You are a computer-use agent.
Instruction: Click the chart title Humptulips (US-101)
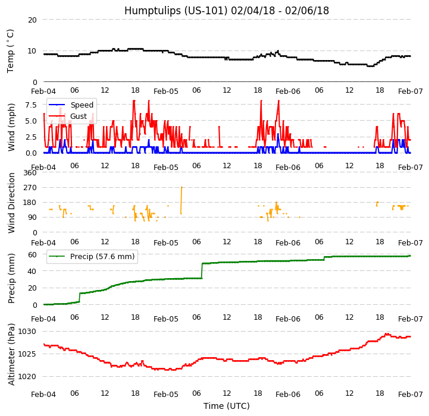pyautogui.click(x=226, y=11)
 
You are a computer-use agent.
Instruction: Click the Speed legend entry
pyautogui.click(x=82, y=105)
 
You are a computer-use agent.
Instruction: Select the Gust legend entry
pyautogui.click(x=78, y=116)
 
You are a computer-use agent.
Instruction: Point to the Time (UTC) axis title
pyautogui.click(x=226, y=406)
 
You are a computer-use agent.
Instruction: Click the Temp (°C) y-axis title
pyautogui.click(x=11, y=51)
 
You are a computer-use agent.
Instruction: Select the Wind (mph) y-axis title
pyautogui.click(x=12, y=127)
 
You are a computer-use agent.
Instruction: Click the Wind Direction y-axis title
pyautogui.click(x=12, y=202)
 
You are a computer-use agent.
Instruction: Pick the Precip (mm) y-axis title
pyautogui.click(x=12, y=278)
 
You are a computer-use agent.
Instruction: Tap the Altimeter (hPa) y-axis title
pyautogui.click(x=12, y=354)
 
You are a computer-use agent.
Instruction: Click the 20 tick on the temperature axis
pyautogui.click(x=32, y=20)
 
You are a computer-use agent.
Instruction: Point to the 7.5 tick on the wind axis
pyautogui.click(x=30, y=105)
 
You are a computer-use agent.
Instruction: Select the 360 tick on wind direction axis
pyautogui.click(x=30, y=173)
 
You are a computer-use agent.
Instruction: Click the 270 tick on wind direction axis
pyautogui.click(x=30, y=188)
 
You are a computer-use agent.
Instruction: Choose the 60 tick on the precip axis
pyautogui.click(x=32, y=254)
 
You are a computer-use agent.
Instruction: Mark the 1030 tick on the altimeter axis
pyautogui.click(x=27, y=331)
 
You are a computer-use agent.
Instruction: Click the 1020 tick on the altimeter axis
pyautogui.click(x=27, y=376)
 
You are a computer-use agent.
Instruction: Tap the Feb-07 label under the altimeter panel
pyautogui.click(x=411, y=395)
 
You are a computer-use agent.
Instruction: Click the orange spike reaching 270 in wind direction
pyautogui.click(x=181, y=196)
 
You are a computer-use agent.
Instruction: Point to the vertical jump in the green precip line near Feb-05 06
pyautogui.click(x=202, y=270)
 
